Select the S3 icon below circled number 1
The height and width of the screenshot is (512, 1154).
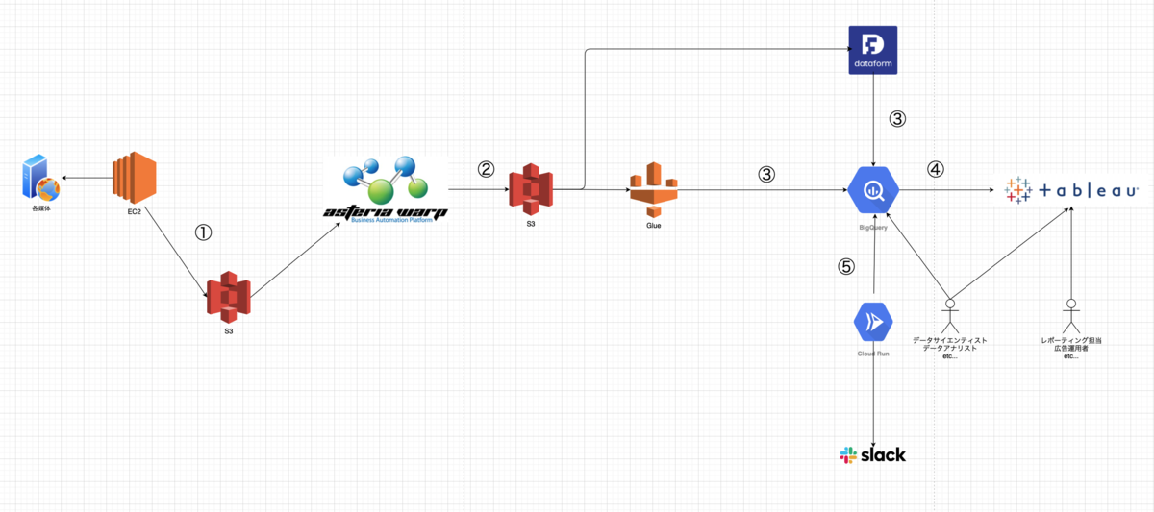coord(228,297)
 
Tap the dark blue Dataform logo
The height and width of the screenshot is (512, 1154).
coord(872,51)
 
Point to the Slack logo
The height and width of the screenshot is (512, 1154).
coord(872,454)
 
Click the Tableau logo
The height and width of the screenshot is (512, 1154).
coord(1069,190)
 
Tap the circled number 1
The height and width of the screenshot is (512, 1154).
coord(203,232)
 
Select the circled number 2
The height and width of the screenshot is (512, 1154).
coord(486,170)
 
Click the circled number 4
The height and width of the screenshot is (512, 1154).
coord(935,170)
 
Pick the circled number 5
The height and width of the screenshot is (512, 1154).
coord(846,268)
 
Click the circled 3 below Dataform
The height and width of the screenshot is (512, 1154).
coord(896,120)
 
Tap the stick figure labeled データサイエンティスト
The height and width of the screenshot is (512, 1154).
coord(950,315)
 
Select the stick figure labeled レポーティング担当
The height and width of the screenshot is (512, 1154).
coord(1069,315)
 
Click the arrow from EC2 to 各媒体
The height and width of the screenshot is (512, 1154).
coord(86,178)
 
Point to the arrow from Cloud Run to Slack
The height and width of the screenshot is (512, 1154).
coord(873,394)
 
